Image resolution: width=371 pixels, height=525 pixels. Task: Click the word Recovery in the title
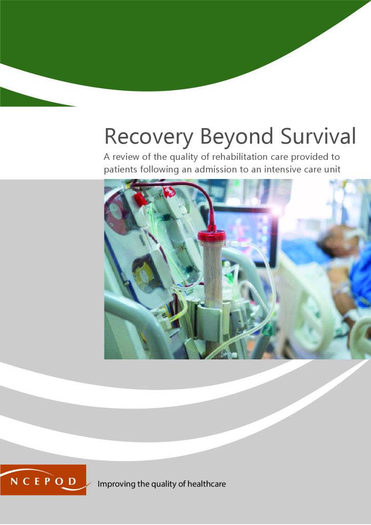pyautogui.click(x=149, y=137)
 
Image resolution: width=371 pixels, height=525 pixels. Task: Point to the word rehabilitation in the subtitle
pyautogui.click(x=240, y=157)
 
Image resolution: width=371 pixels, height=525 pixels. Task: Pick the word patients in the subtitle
pyautogui.click(x=120, y=170)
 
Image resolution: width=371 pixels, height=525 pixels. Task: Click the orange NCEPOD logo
pyautogui.click(x=43, y=479)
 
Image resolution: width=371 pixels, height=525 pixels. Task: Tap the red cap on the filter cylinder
pyautogui.click(x=212, y=235)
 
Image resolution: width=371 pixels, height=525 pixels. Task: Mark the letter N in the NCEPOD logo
pyautogui.click(x=14, y=482)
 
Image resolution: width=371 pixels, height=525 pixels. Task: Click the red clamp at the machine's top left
pyautogui.click(x=140, y=199)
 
